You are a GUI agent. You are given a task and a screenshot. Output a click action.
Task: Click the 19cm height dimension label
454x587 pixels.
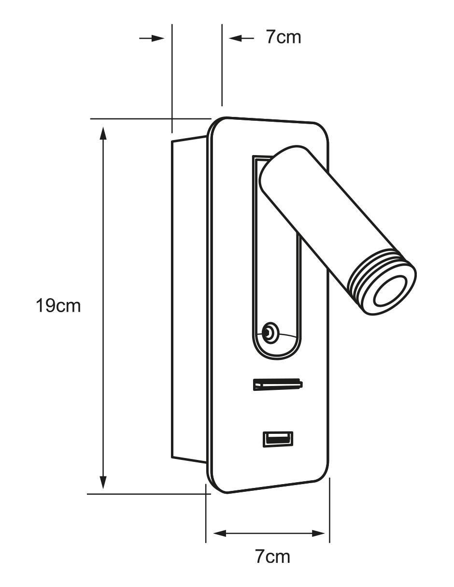(x=58, y=306)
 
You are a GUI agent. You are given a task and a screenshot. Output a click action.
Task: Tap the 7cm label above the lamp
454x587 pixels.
(x=284, y=37)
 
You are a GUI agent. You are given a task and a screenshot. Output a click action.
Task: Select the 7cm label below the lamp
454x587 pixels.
(x=272, y=557)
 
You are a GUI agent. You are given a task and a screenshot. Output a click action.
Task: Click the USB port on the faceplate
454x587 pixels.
(x=278, y=439)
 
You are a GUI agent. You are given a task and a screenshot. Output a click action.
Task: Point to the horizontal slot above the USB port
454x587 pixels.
(x=278, y=385)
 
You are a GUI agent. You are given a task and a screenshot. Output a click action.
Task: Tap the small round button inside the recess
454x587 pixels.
(x=269, y=330)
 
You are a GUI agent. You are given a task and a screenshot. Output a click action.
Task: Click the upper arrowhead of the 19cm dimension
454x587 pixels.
(x=103, y=132)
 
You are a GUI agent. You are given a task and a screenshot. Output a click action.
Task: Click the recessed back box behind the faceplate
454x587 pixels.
(x=189, y=300)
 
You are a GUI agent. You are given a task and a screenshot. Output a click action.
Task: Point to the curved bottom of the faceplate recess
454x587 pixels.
(x=277, y=356)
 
